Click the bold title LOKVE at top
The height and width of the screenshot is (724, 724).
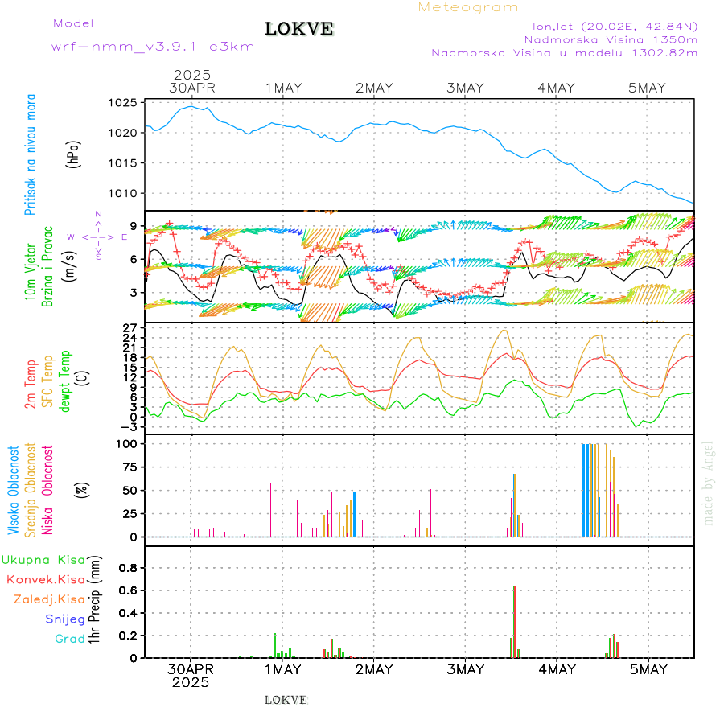click(298, 29)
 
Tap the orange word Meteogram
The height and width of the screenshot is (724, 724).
click(468, 7)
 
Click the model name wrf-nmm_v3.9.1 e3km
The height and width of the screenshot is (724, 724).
click(153, 46)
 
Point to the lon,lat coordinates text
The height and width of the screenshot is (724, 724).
click(609, 26)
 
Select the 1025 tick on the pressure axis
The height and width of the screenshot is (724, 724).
click(124, 103)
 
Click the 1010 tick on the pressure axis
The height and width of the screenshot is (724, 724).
click(124, 193)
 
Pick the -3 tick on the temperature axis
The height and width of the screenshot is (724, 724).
click(129, 427)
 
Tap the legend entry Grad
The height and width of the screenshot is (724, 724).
click(70, 639)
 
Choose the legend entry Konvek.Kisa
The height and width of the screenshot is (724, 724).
click(46, 579)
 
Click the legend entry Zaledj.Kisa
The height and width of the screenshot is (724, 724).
click(49, 599)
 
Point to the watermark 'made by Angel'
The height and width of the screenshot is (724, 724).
click(709, 483)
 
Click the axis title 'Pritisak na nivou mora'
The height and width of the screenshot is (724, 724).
click(30, 153)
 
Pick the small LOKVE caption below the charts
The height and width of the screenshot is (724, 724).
click(286, 700)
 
